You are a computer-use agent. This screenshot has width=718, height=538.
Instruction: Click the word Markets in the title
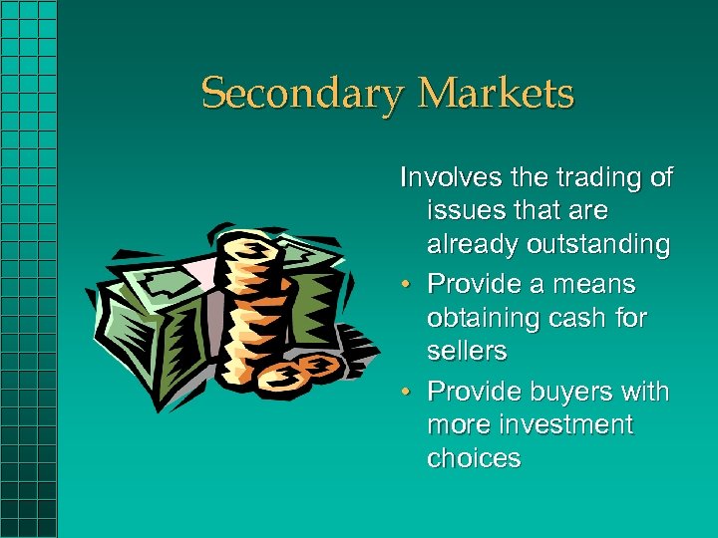(x=496, y=95)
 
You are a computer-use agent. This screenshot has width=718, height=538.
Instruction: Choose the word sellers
(x=467, y=352)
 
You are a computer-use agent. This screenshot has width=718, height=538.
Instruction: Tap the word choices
(x=474, y=459)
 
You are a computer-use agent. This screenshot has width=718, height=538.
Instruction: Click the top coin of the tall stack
(x=248, y=246)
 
